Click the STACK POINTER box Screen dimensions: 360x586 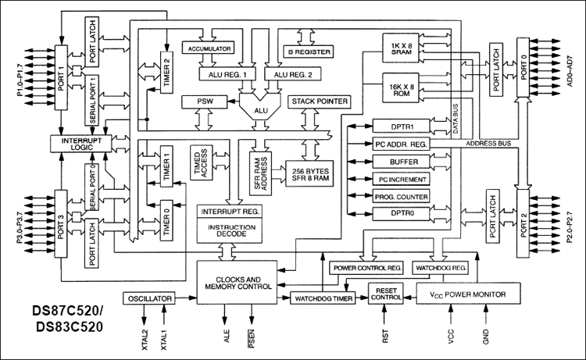click(x=320, y=102)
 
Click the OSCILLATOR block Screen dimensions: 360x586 click(x=152, y=298)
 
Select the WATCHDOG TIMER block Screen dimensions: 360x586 click(x=323, y=298)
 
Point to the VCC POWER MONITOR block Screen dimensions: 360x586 click(x=468, y=294)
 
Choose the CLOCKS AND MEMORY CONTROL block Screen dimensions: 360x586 click(x=238, y=282)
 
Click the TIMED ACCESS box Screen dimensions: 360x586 click(x=200, y=163)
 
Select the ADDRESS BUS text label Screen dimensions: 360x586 click(x=488, y=144)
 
